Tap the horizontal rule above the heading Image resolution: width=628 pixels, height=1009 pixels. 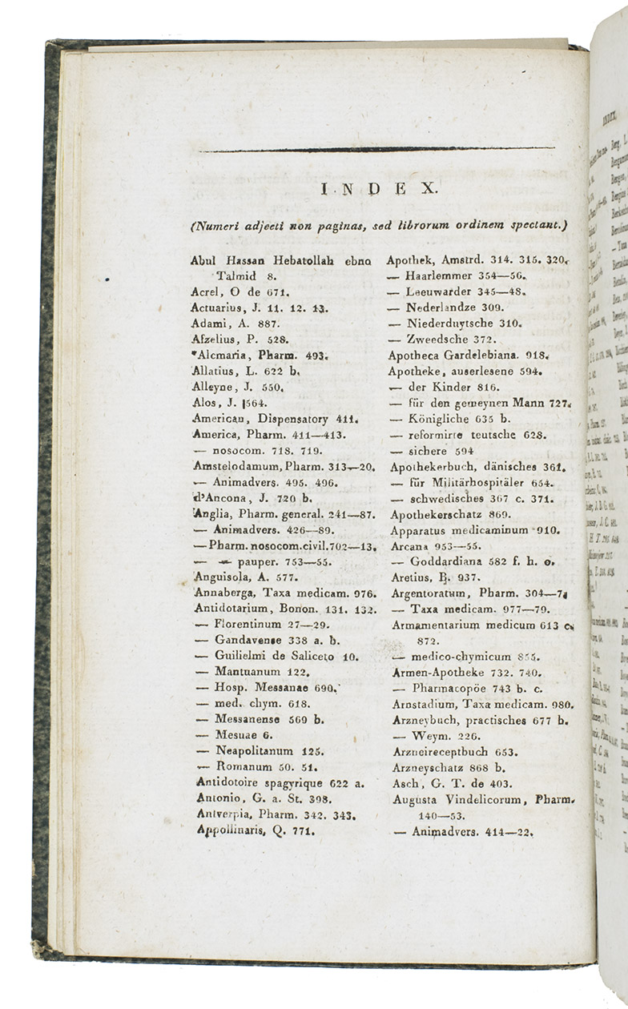tap(377, 149)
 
